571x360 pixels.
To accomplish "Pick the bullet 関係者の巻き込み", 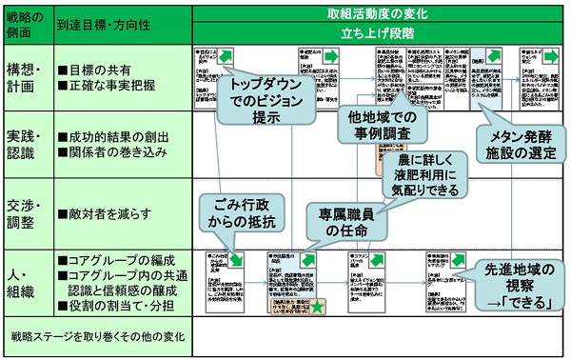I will (113, 150).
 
